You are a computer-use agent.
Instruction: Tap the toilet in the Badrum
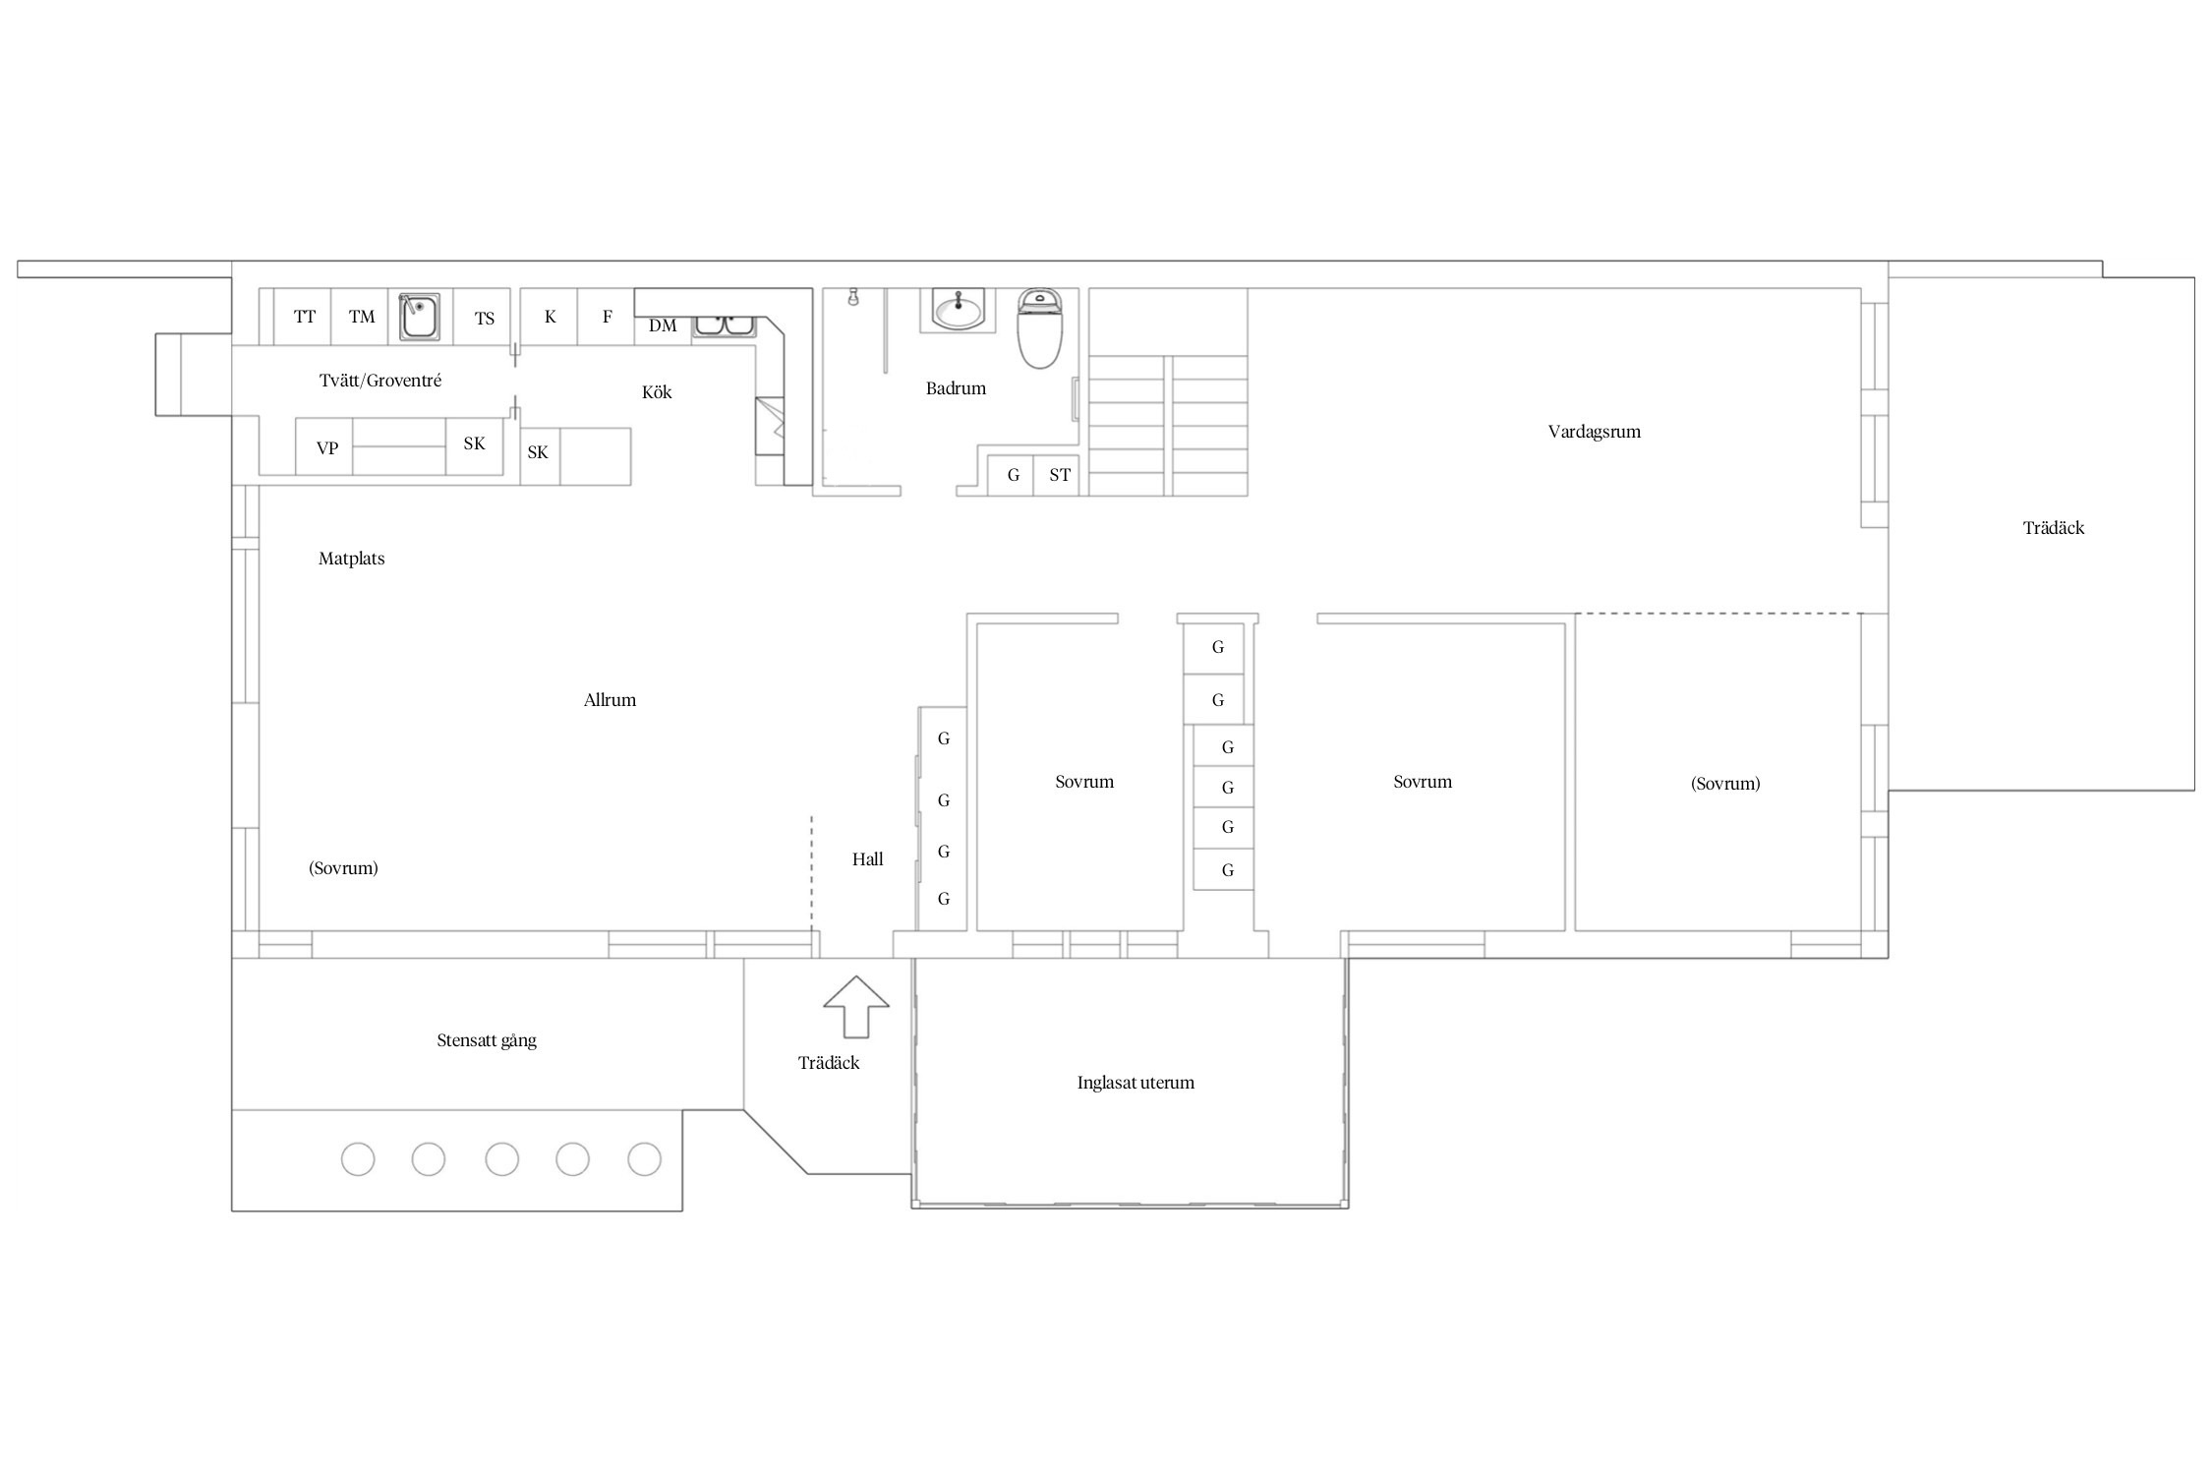pyautogui.click(x=1039, y=327)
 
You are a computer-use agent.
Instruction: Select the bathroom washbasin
pyautogui.click(x=958, y=310)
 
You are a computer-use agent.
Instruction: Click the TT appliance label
pyautogui.click(x=305, y=317)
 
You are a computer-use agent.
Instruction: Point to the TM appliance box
pyautogui.click(x=361, y=316)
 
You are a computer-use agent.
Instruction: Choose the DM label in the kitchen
pyautogui.click(x=663, y=325)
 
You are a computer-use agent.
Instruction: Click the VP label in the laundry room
pyautogui.click(x=327, y=448)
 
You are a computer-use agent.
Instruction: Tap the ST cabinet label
pyautogui.click(x=1060, y=475)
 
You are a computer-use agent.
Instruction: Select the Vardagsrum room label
pyautogui.click(x=1594, y=432)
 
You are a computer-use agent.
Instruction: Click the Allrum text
pyautogui.click(x=610, y=700)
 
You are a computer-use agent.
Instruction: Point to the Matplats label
pyautogui.click(x=351, y=559)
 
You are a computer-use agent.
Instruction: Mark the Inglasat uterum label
pyautogui.click(x=1135, y=1083)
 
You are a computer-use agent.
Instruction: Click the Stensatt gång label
pyautogui.click(x=487, y=1040)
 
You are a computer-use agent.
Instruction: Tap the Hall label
pyautogui.click(x=867, y=859)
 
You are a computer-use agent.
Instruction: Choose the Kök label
pyautogui.click(x=657, y=392)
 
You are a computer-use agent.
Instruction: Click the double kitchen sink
pyautogui.click(x=724, y=325)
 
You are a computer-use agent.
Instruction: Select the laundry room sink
pyautogui.click(x=420, y=316)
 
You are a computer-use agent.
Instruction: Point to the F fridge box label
pyautogui.click(x=608, y=317)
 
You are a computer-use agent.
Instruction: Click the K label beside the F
pyautogui.click(x=551, y=317)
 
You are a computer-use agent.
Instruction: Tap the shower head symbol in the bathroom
pyautogui.click(x=853, y=296)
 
